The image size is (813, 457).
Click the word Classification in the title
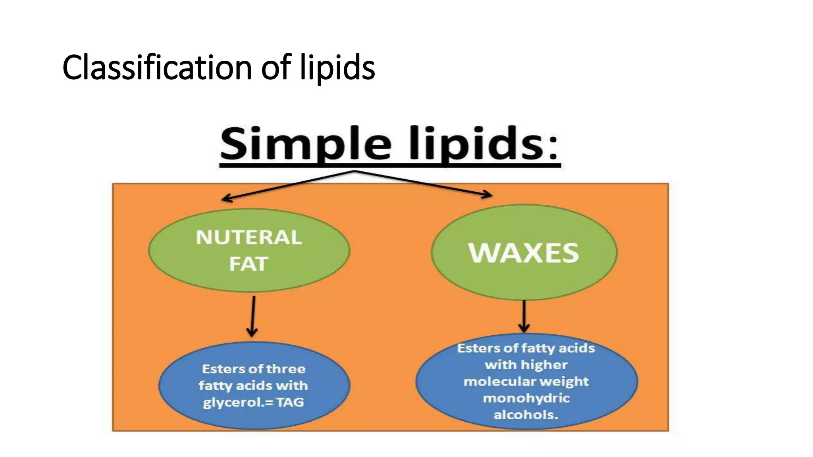tap(157, 68)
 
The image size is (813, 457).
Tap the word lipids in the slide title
tap(337, 68)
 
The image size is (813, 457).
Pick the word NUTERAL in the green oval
tap(249, 238)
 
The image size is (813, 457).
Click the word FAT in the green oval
tap(249, 264)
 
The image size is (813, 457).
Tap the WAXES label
tap(524, 253)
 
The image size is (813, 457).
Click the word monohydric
tap(526, 398)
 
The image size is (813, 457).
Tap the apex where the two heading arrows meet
tap(354, 171)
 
